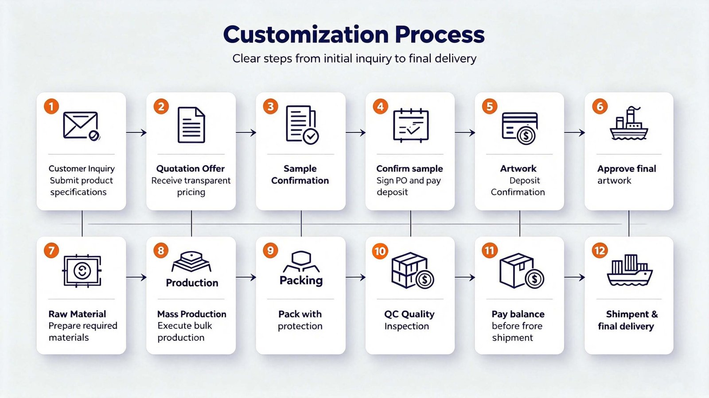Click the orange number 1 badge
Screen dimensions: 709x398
(x=51, y=106)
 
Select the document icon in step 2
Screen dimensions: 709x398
(x=191, y=125)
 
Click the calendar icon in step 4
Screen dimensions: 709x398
(x=411, y=125)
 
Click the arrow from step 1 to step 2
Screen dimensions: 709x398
(x=136, y=132)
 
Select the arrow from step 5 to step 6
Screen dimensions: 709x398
(x=574, y=132)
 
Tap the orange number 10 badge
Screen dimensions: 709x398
(x=380, y=251)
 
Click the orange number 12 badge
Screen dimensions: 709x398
(x=600, y=251)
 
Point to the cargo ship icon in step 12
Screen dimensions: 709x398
(x=630, y=270)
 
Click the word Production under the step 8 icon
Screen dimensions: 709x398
(x=192, y=282)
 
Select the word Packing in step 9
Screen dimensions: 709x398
(x=301, y=280)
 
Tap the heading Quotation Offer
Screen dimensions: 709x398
(x=191, y=169)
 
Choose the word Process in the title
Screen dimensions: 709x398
(x=440, y=35)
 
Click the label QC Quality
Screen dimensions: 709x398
(x=409, y=314)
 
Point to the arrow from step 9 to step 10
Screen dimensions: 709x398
(x=355, y=277)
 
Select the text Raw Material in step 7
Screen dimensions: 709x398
(x=77, y=314)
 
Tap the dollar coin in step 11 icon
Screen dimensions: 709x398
(x=534, y=279)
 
